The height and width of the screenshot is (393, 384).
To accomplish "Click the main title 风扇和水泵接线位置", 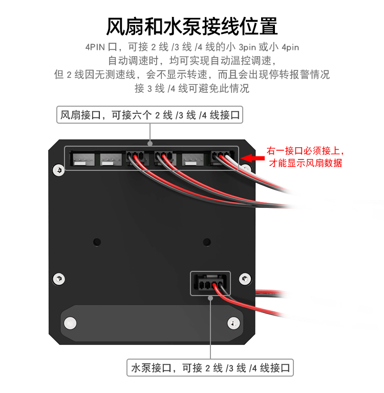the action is [192, 26].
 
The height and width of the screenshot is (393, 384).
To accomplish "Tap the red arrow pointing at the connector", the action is [252, 158].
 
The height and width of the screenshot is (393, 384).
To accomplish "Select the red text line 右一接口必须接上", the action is [305, 151].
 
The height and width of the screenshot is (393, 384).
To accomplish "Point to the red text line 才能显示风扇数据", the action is [306, 163].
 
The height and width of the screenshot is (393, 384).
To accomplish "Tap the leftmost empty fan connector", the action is [83, 159].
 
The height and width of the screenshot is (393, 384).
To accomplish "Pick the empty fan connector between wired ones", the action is [193, 159].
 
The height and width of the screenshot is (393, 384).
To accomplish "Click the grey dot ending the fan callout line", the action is [150, 143].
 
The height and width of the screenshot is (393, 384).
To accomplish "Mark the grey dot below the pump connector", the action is [210, 298].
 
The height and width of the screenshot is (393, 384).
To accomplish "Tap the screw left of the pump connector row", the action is [59, 279].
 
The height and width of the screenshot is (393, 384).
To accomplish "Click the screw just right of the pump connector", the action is [245, 279].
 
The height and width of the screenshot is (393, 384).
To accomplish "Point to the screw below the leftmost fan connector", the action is [58, 170].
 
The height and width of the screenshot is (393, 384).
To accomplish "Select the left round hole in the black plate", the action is [97, 242].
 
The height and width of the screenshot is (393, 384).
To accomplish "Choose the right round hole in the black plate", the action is [207, 242].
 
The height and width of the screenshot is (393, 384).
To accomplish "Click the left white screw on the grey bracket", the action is [70, 323].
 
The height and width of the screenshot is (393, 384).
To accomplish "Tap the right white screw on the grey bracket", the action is [233, 323].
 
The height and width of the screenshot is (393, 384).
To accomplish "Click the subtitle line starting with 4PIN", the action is [192, 47].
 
